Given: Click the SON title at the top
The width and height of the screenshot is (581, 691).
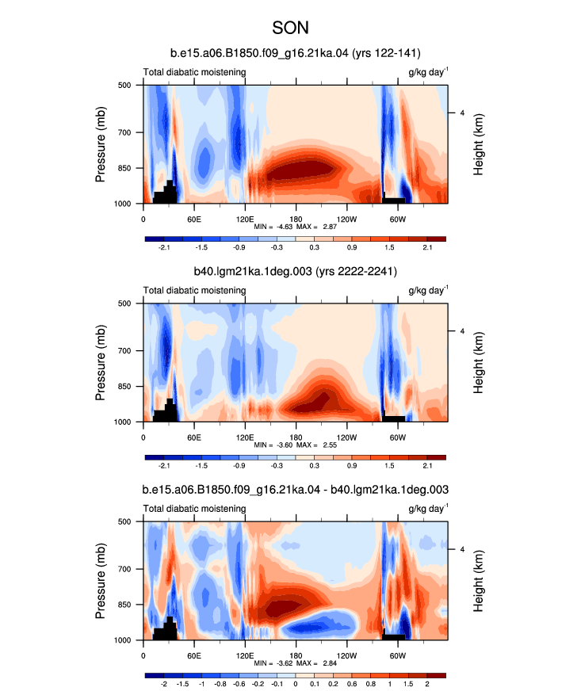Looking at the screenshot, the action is coord(290,28).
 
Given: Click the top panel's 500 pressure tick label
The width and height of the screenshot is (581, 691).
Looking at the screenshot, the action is coord(124,85).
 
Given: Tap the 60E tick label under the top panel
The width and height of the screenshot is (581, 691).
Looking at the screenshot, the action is coord(194,219).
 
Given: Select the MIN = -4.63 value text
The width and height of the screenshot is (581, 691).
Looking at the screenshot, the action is coord(273,227).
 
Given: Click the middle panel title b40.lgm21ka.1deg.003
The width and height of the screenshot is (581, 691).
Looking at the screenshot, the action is coord(296,271).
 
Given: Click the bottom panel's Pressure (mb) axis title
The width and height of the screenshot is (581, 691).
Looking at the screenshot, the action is coord(100,580).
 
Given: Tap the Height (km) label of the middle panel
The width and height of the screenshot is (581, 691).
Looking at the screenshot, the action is coord(478,362).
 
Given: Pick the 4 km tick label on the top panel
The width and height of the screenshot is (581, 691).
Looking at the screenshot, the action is coord(462,113).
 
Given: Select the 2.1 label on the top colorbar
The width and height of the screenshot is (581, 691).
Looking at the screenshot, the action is coord(427,247).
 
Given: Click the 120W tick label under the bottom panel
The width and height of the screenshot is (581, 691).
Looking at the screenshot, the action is coord(347,656).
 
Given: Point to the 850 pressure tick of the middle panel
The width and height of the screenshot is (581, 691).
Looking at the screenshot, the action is coord(124,387).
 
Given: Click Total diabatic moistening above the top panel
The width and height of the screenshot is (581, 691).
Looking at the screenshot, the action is coord(194,72).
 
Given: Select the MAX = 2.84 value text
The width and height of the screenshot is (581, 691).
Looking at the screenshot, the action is coord(316,663).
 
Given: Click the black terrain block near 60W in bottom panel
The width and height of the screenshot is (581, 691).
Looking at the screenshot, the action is coord(394,637).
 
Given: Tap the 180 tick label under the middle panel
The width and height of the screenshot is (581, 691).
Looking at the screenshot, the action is coord(296,437).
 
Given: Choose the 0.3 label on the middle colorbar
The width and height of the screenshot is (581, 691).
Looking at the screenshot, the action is coord(315,465).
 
